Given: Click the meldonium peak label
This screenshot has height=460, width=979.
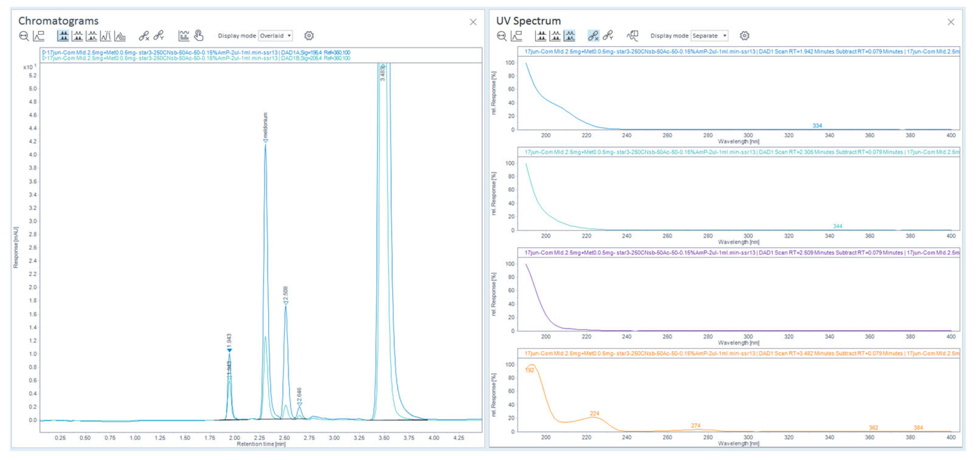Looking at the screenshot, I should (x=265, y=125).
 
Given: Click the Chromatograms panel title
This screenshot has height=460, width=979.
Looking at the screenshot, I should (x=58, y=20).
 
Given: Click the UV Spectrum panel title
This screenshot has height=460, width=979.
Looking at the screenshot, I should (x=528, y=20).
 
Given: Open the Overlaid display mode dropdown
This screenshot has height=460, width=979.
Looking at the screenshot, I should (x=276, y=36).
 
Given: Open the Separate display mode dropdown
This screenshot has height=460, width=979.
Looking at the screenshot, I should (x=709, y=36).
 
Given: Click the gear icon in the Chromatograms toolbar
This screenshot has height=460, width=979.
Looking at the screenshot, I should (x=309, y=36).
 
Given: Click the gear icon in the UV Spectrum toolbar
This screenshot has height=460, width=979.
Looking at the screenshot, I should (x=744, y=36).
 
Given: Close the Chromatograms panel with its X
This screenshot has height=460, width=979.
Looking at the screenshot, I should (x=473, y=22).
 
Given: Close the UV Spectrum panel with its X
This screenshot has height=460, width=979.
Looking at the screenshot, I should (x=950, y=22).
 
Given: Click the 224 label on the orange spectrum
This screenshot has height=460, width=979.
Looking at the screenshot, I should (x=594, y=413).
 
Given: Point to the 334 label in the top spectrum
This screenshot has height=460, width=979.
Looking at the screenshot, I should (x=817, y=126).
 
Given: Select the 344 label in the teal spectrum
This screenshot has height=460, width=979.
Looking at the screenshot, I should (x=837, y=226).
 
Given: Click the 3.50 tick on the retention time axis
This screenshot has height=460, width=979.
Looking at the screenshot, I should (x=384, y=438).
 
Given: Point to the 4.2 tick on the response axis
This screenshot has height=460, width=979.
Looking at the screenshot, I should (x=33, y=142).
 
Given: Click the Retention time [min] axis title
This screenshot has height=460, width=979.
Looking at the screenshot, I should (x=261, y=444).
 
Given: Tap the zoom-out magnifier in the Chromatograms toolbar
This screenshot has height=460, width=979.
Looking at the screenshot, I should (x=24, y=36).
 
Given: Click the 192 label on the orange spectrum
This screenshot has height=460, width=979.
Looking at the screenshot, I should (x=529, y=370).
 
